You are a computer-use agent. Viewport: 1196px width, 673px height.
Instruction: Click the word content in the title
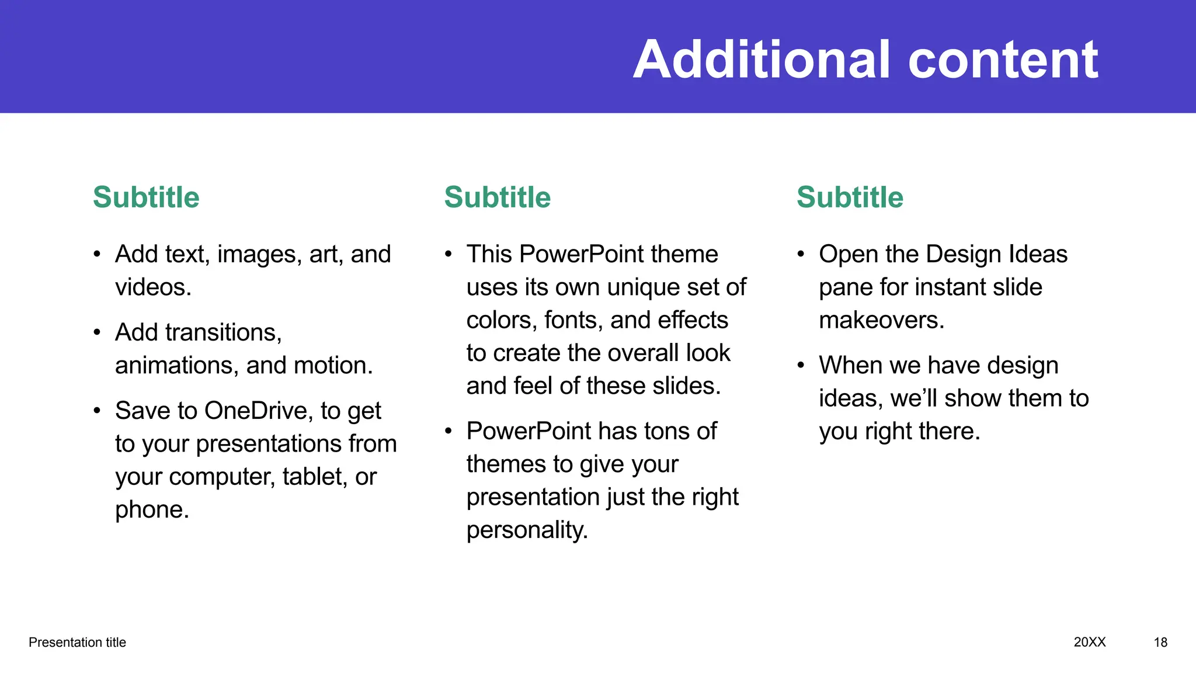1003,60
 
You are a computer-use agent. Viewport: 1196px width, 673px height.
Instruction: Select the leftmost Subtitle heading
146,197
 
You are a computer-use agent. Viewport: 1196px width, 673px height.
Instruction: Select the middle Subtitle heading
498,197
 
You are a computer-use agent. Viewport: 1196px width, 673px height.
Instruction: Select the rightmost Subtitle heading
850,197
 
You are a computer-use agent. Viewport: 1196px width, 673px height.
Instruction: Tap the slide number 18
1160,643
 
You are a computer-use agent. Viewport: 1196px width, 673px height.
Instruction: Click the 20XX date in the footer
1090,642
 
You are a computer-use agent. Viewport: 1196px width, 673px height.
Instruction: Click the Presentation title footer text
77,643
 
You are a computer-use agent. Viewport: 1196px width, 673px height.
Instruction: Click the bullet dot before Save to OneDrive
97,411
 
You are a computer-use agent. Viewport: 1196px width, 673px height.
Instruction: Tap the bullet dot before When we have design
801,366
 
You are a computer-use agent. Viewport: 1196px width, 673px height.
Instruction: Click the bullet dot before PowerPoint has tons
448,432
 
